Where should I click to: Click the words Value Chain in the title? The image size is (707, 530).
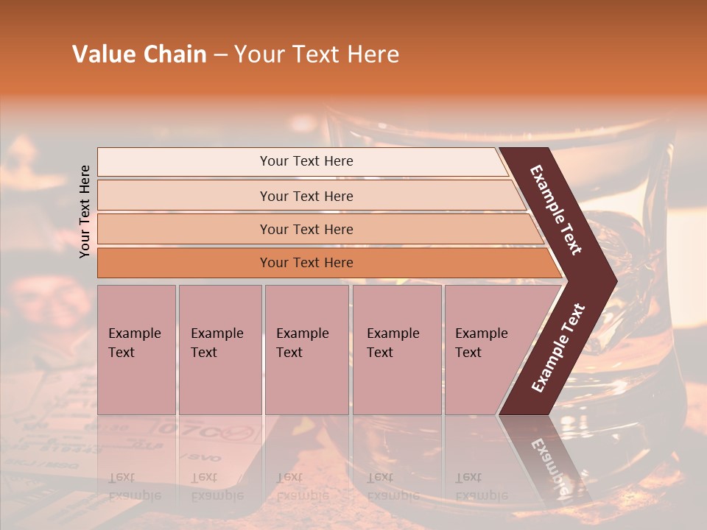point(139,54)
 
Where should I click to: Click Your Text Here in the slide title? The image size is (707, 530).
point(317,54)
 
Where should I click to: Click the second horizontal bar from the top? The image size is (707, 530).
point(306,196)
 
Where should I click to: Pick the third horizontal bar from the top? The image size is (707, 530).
point(306,229)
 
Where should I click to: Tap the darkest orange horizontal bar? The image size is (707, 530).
point(306,263)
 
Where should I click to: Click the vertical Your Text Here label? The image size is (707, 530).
point(85,211)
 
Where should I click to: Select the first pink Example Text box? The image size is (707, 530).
point(136,350)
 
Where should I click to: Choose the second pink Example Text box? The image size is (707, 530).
point(219,350)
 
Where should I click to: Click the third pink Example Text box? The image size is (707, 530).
point(306,350)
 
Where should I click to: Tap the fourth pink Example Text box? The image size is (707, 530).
point(396,350)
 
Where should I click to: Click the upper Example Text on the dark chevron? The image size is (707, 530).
point(557,210)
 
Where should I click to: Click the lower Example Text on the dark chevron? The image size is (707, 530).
point(558,348)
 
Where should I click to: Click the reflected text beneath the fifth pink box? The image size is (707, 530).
point(471,486)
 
